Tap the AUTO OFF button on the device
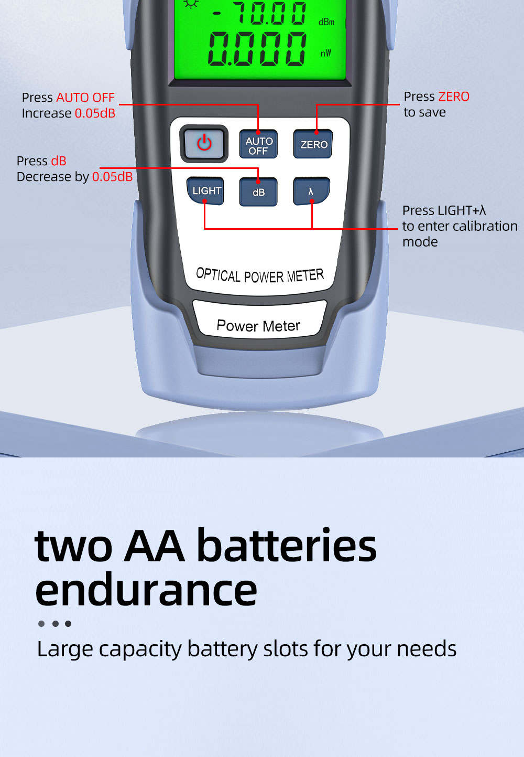pos(258,144)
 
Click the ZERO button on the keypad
pos(313,144)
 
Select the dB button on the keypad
pos(258,191)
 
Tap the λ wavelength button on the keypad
pos(311,191)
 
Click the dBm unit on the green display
pos(326,23)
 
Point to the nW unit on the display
pos(325,54)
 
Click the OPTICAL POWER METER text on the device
pos(259,275)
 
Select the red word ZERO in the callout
pos(453,97)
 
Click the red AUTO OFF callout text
pos(85,98)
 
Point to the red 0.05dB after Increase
pos(95,113)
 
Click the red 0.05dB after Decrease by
pos(113,177)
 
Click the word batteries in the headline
pos(286,546)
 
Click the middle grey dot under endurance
pos(56,624)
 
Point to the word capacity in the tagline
pos(140,649)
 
